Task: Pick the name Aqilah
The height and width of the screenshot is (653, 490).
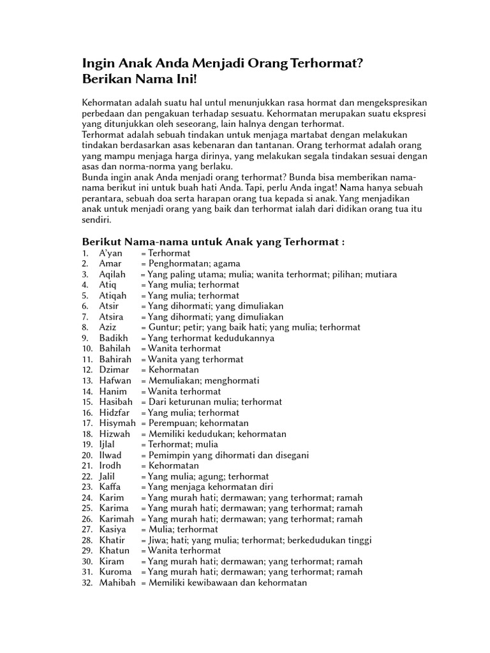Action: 112,274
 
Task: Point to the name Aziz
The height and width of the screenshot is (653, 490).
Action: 108,327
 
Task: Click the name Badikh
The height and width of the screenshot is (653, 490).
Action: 113,338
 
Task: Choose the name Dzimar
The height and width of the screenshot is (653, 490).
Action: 113,370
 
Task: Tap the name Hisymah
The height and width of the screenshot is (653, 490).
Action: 116,423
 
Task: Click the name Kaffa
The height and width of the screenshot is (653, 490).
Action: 110,487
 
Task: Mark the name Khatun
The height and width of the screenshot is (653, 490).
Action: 114,550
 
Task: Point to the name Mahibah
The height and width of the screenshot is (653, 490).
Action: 117,582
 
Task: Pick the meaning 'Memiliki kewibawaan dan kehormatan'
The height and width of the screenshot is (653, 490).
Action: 227,582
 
